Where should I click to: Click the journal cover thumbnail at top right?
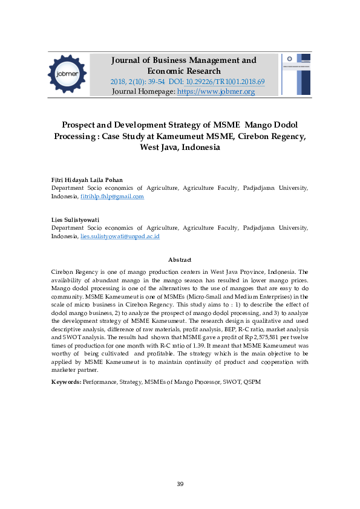click(296, 74)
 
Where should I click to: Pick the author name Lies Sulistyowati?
click(76, 220)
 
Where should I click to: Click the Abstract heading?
click(180, 259)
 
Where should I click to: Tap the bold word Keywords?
click(66, 382)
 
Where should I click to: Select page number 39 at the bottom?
click(180, 484)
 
